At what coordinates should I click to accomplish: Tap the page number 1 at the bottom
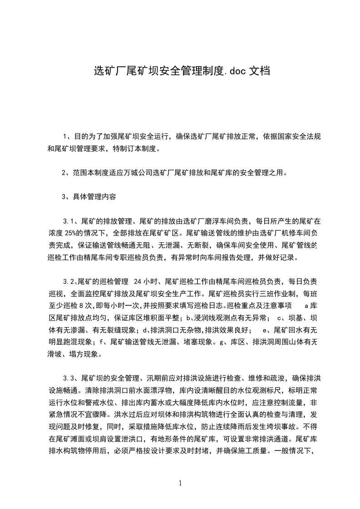click(x=180, y=483)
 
